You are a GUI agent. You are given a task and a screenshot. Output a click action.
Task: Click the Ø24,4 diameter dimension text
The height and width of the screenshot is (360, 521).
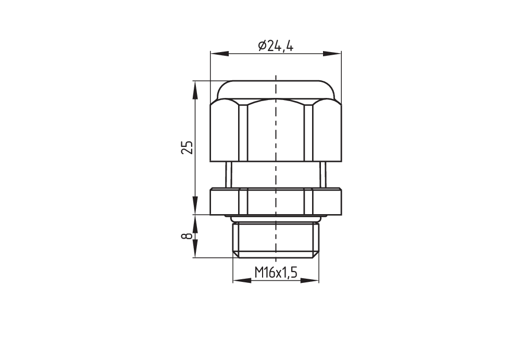[276, 46]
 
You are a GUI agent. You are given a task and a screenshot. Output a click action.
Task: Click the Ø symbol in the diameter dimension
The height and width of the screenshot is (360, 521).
[262, 46]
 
